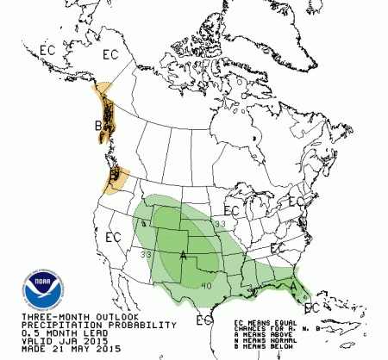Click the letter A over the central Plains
(183, 255)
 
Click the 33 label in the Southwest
(147, 254)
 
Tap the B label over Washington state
(113, 177)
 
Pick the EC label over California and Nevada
(112, 235)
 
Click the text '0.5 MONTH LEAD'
(42, 333)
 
